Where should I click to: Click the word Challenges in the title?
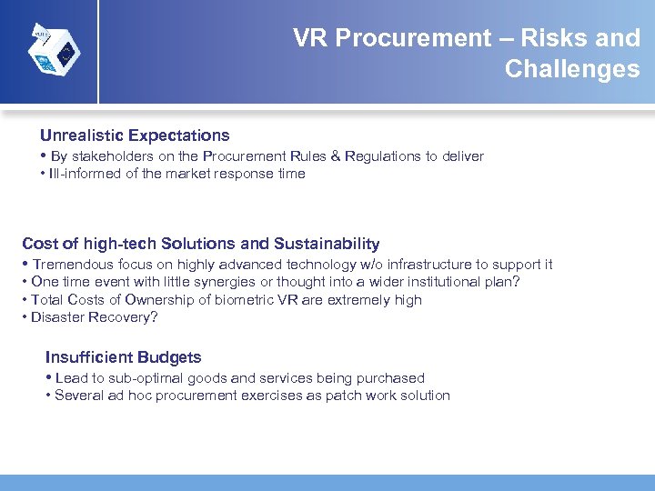(572, 69)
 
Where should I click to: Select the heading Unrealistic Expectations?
(135, 135)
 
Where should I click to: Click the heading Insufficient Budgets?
(123, 357)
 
